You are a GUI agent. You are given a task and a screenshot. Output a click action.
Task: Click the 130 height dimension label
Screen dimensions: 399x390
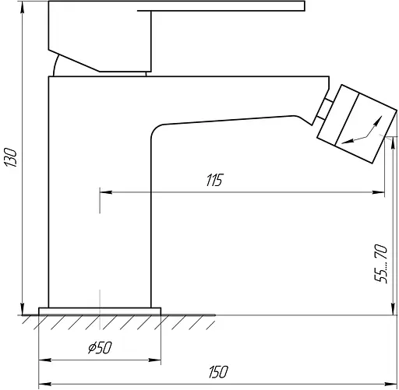point(10,157)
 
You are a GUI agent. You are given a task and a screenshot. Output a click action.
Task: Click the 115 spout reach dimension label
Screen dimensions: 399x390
point(214,180)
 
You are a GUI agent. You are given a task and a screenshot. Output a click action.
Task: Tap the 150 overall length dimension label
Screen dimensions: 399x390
point(218,372)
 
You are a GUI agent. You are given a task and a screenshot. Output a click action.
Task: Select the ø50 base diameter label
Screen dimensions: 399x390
point(100,347)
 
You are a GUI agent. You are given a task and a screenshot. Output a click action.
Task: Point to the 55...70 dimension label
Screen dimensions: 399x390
point(381,263)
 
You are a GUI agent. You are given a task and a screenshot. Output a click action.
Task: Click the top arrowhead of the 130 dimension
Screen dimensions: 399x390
point(23,8)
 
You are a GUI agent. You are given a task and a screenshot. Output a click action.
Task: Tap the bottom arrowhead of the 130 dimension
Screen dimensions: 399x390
point(23,309)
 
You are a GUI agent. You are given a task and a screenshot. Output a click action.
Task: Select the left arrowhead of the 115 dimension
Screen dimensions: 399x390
point(106,192)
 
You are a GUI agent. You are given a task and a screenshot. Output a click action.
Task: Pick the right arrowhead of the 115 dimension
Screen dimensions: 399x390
point(378,192)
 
